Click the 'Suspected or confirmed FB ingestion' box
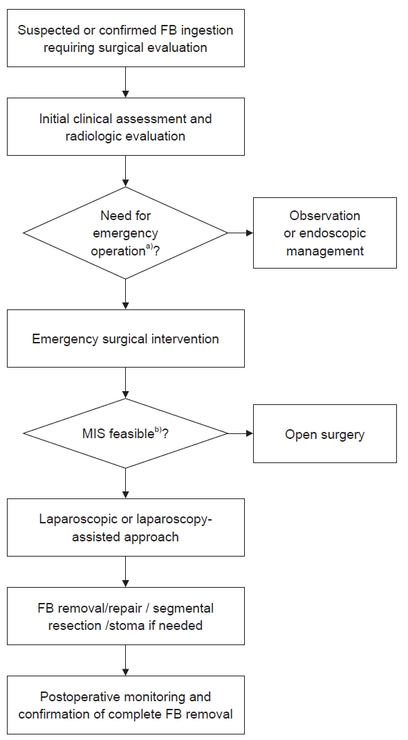[x=125, y=38]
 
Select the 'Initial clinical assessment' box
[x=125, y=127]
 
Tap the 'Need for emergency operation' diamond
[x=125, y=233]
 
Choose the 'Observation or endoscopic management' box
[x=325, y=233]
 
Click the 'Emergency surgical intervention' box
[x=125, y=339]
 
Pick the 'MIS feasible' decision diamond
[x=125, y=433]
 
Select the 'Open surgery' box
[x=325, y=434]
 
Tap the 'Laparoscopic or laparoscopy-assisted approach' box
[x=125, y=527]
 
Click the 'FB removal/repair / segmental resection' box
[x=125, y=616]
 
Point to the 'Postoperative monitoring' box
[x=125, y=705]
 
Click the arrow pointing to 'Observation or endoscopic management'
[x=241, y=233]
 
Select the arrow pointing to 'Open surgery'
[x=241, y=433]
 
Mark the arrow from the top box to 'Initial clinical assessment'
[x=125, y=82]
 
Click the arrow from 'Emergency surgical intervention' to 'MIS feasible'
[x=125, y=383]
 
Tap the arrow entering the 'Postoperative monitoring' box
[x=125, y=660]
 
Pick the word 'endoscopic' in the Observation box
[x=335, y=233]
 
